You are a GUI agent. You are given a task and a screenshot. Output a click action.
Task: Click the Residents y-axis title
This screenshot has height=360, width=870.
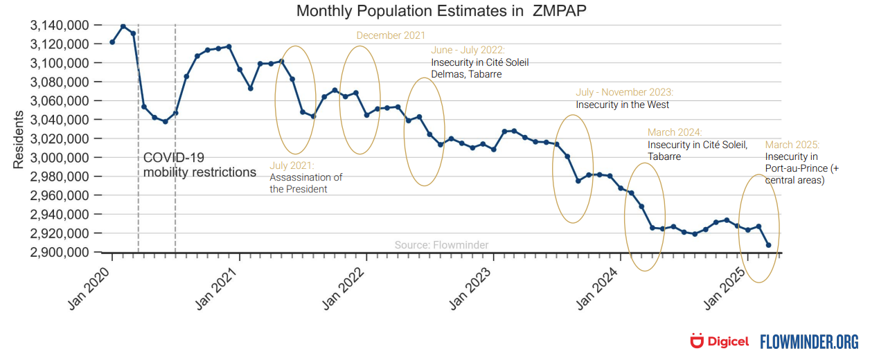click(x=19, y=139)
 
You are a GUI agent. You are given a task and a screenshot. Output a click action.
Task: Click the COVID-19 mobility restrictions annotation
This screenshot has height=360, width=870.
click(x=199, y=165)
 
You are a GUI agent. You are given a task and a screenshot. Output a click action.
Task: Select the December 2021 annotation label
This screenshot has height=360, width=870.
click(x=391, y=35)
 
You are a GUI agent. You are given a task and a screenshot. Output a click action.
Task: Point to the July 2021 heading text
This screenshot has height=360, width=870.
click(x=292, y=166)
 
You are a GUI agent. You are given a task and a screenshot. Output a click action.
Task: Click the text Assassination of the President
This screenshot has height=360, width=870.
click(x=305, y=183)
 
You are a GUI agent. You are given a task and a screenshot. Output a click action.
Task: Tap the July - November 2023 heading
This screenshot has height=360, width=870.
click(x=624, y=92)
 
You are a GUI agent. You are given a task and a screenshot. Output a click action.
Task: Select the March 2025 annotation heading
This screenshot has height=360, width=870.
click(x=792, y=145)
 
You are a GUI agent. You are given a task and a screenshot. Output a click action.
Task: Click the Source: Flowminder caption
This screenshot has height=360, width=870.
click(x=441, y=245)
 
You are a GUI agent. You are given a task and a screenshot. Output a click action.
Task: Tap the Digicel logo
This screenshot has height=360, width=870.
click(x=720, y=341)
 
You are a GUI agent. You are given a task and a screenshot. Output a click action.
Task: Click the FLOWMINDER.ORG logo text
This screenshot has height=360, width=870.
click(x=809, y=341)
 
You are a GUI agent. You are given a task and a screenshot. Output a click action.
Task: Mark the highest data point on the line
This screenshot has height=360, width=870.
click(x=123, y=26)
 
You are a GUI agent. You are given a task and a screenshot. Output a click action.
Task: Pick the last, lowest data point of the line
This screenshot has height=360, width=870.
click(x=768, y=245)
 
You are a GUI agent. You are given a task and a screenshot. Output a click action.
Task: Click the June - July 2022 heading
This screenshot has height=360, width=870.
click(x=468, y=51)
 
